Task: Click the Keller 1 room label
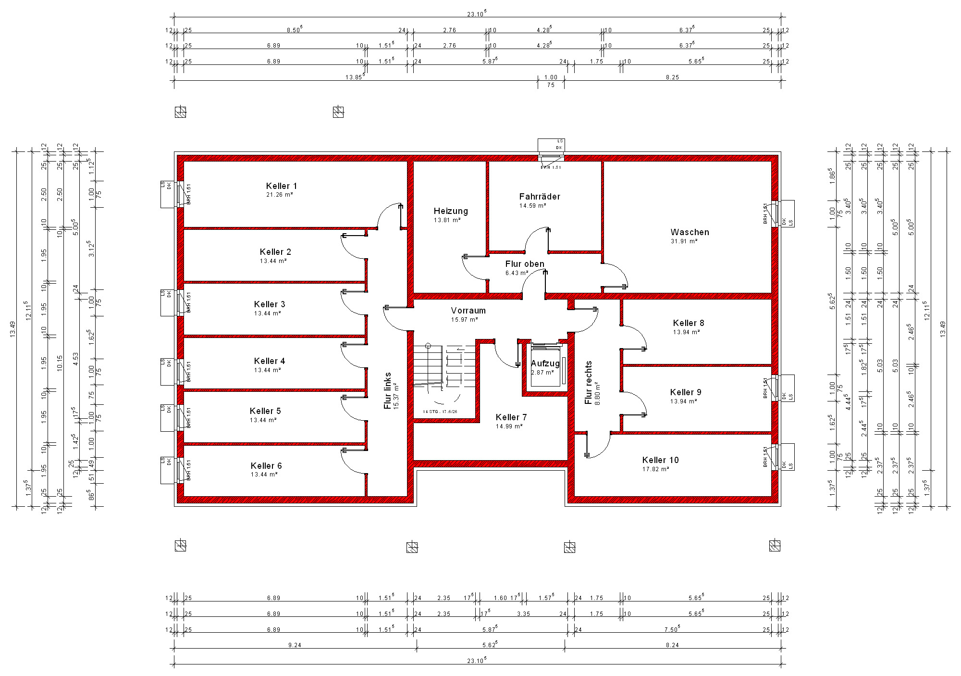pos(281,186)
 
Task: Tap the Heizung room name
pos(450,211)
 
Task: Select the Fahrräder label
pos(540,197)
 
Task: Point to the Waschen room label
pos(690,232)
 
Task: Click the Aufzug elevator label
pos(545,363)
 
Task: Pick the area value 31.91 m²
pos(684,241)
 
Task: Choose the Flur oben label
pos(525,264)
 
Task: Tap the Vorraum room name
pos(468,311)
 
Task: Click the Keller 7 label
pos(511,417)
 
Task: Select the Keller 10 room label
pos(660,460)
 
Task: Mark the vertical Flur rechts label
pos(589,382)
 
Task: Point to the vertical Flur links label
pos(388,390)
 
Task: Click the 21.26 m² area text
pos(280,195)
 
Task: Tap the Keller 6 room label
pos(266,466)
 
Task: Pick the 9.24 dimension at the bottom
pos(295,645)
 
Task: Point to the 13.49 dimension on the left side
pos(13,329)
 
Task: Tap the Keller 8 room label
pos(688,323)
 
